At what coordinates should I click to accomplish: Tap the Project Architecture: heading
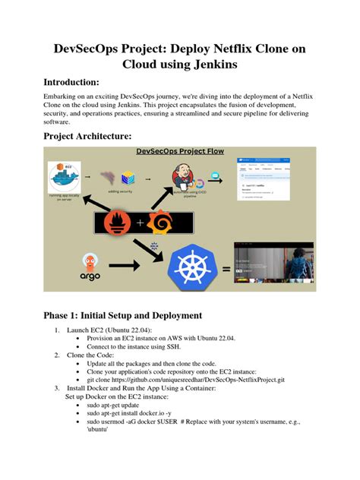coord(87,136)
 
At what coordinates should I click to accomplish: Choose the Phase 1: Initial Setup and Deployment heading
coord(133,314)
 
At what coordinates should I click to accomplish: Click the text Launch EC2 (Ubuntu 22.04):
coord(109,330)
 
